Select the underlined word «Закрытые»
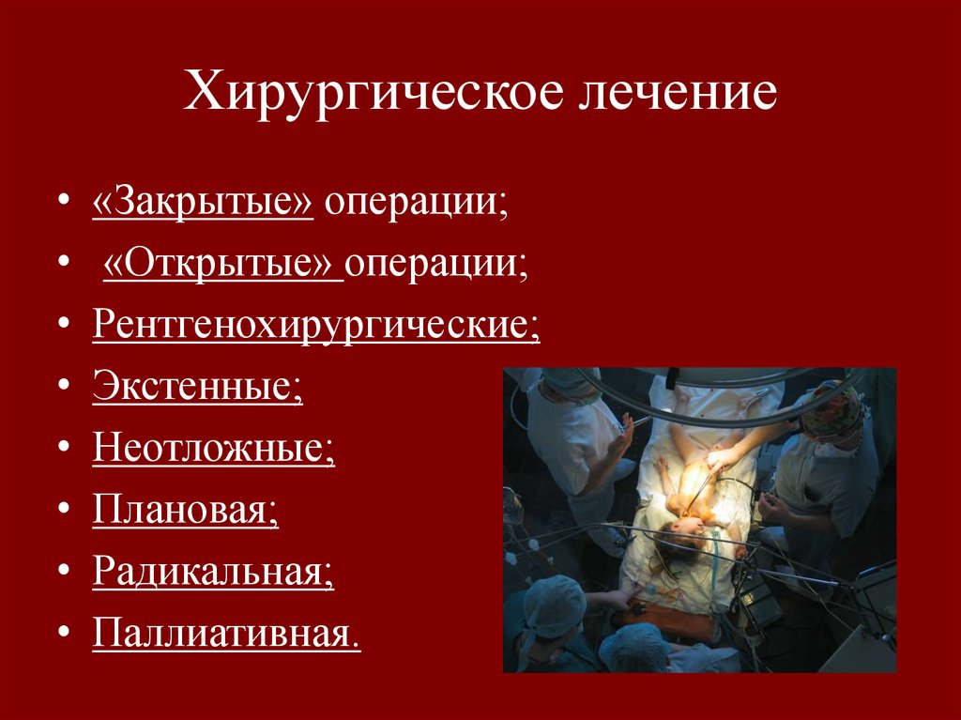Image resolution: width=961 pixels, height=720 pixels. (x=202, y=204)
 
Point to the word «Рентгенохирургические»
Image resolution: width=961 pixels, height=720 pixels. (x=315, y=325)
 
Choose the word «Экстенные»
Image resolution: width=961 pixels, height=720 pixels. (x=197, y=386)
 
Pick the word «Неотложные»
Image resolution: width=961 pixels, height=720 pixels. (x=213, y=447)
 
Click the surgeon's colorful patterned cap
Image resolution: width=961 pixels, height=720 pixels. (x=831, y=406)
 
